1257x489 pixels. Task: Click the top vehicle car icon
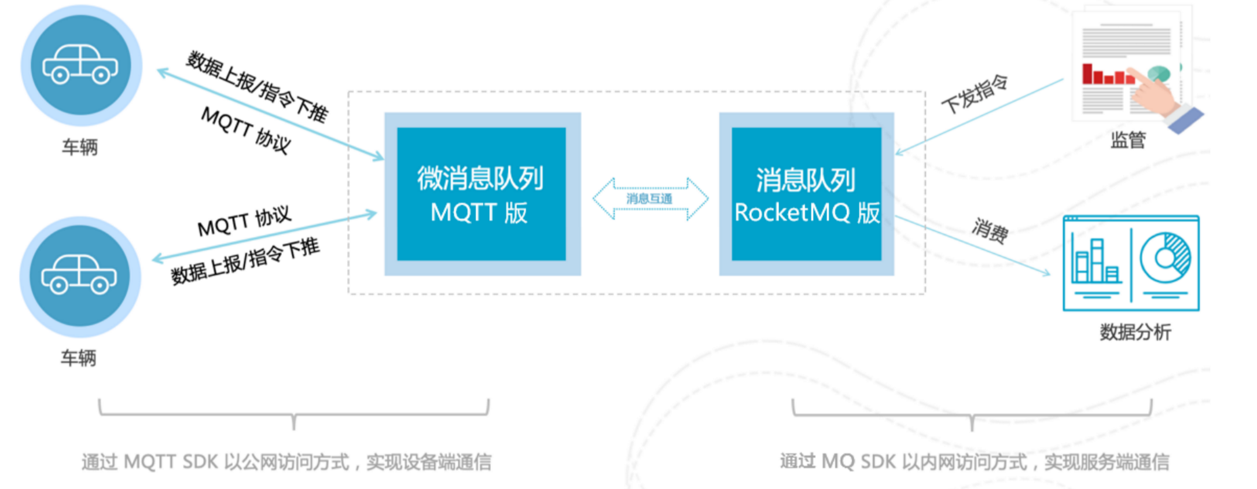[x=80, y=65]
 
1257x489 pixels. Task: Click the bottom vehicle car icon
[x=79, y=275]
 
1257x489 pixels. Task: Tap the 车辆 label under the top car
[x=80, y=147]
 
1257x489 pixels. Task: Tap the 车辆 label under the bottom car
[x=79, y=358]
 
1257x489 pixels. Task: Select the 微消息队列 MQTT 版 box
[x=482, y=194]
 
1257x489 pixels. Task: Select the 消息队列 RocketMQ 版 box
[x=806, y=194]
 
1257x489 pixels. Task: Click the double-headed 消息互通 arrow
[x=650, y=198]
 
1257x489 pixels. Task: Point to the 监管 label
[x=1128, y=140]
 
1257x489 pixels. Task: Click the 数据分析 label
[x=1135, y=332]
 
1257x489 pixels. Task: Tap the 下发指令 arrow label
[x=975, y=94]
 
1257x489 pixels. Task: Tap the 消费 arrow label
[x=990, y=230]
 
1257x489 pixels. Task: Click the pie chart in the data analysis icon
[x=1165, y=258]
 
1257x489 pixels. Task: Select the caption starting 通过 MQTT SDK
[x=286, y=462]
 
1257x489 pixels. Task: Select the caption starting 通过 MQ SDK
[x=975, y=461]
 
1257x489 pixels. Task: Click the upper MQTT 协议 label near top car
[x=245, y=130]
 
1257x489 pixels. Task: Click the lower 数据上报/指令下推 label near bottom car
[x=245, y=262]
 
